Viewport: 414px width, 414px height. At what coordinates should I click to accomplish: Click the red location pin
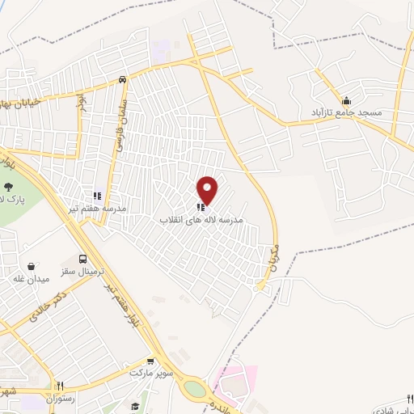click(208, 190)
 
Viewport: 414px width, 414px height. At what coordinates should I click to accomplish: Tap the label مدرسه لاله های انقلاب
click(201, 220)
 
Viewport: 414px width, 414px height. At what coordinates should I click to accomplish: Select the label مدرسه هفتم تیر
click(98, 208)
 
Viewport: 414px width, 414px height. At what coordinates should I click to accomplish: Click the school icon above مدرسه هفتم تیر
click(97, 196)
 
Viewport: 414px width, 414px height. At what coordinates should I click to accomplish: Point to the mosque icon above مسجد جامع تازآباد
click(347, 100)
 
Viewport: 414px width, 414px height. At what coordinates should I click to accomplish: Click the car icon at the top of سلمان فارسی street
click(121, 79)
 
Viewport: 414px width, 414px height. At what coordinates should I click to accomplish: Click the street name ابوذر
click(80, 103)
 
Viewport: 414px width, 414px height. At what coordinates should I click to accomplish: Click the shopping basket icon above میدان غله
click(32, 266)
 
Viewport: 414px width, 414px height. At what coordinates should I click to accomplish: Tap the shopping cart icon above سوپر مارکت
click(150, 361)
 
